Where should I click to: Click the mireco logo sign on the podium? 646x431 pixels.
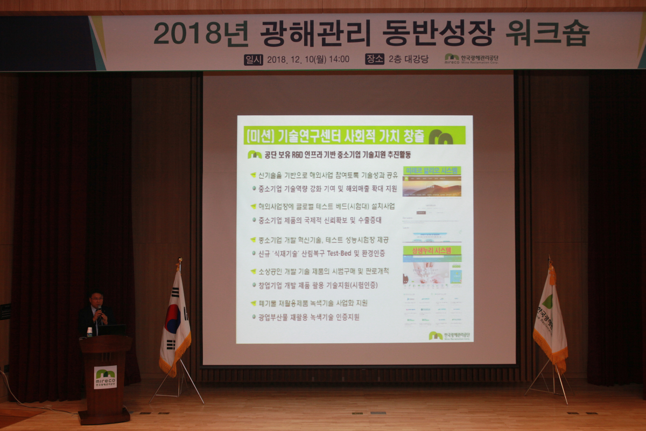tap(105, 377)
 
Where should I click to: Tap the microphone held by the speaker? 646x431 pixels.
tap(99, 309)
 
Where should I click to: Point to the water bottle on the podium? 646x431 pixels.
tap(89, 331)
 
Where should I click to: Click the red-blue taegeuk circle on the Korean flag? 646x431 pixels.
tap(172, 318)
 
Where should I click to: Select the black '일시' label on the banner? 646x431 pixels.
tap(253, 59)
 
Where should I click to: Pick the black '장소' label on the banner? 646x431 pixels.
tap(375, 59)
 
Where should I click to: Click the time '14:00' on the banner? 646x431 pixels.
tap(338, 59)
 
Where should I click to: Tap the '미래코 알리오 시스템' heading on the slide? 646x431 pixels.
tap(432, 170)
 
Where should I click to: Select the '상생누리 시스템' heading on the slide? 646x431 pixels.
tap(432, 251)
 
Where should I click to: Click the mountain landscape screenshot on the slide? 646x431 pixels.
tap(432, 186)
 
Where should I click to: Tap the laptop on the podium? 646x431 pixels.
tap(111, 330)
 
